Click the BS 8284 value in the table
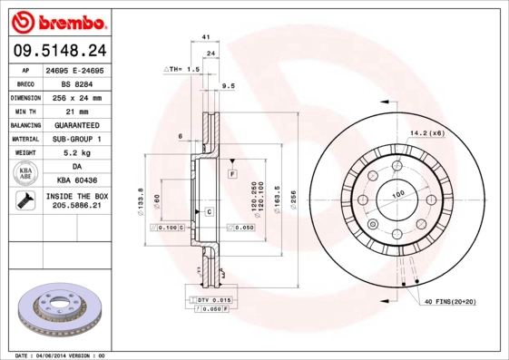coord(76,83)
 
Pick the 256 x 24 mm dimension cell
coord(76,96)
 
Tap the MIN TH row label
coord(24,110)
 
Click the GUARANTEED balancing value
coord(76,124)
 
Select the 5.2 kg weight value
coord(76,153)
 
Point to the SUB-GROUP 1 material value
coord(76,139)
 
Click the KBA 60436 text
coord(76,180)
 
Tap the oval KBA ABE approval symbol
coord(24,174)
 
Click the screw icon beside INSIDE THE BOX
coord(24,201)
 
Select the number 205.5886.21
coord(76,206)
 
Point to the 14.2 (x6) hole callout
coord(426,133)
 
